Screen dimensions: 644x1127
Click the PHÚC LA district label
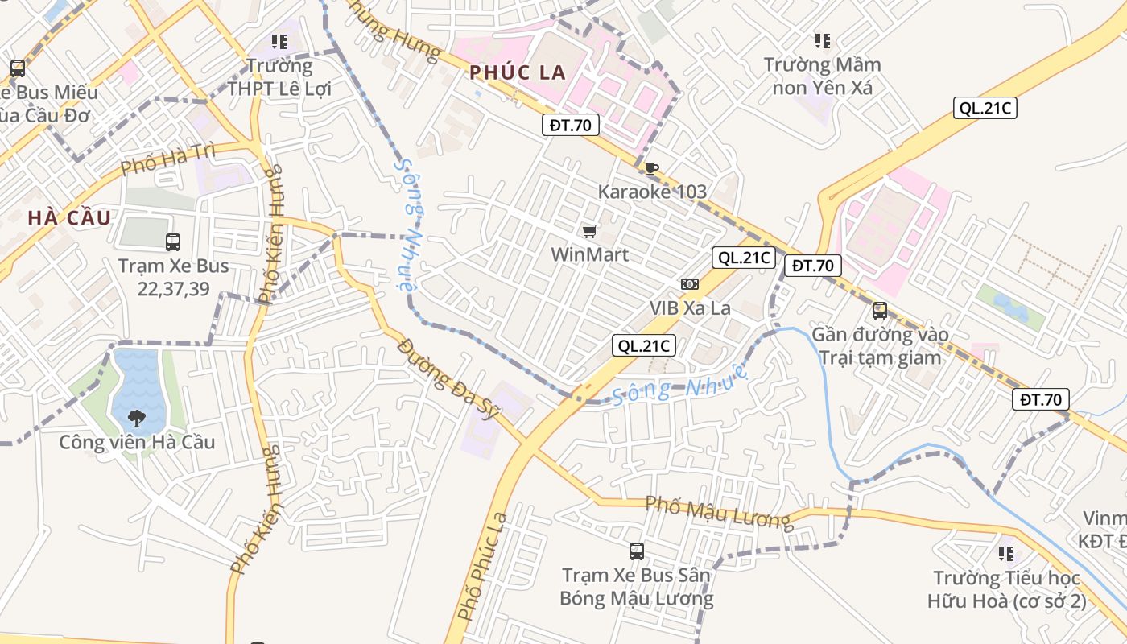click(x=518, y=72)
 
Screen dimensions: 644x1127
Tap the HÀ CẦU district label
click(x=68, y=217)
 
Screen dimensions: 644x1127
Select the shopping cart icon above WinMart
click(x=589, y=232)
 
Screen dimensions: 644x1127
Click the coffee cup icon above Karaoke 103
click(x=651, y=168)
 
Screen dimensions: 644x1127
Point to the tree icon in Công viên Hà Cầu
click(x=137, y=418)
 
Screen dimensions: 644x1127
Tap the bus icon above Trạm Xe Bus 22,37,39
click(x=172, y=242)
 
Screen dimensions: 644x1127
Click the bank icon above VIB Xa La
click(x=689, y=284)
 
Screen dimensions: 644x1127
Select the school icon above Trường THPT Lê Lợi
click(x=279, y=41)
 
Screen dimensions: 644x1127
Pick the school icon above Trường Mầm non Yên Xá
click(x=822, y=40)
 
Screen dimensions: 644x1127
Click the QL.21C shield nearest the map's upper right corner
click(x=985, y=108)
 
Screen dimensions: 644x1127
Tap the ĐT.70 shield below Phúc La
click(x=570, y=125)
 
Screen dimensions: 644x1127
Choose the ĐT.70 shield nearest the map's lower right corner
click(x=1041, y=398)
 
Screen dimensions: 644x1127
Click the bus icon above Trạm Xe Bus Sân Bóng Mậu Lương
click(x=636, y=551)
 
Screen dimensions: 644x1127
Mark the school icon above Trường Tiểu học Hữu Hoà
click(x=1005, y=553)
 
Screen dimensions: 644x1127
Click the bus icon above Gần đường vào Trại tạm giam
click(x=879, y=310)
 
